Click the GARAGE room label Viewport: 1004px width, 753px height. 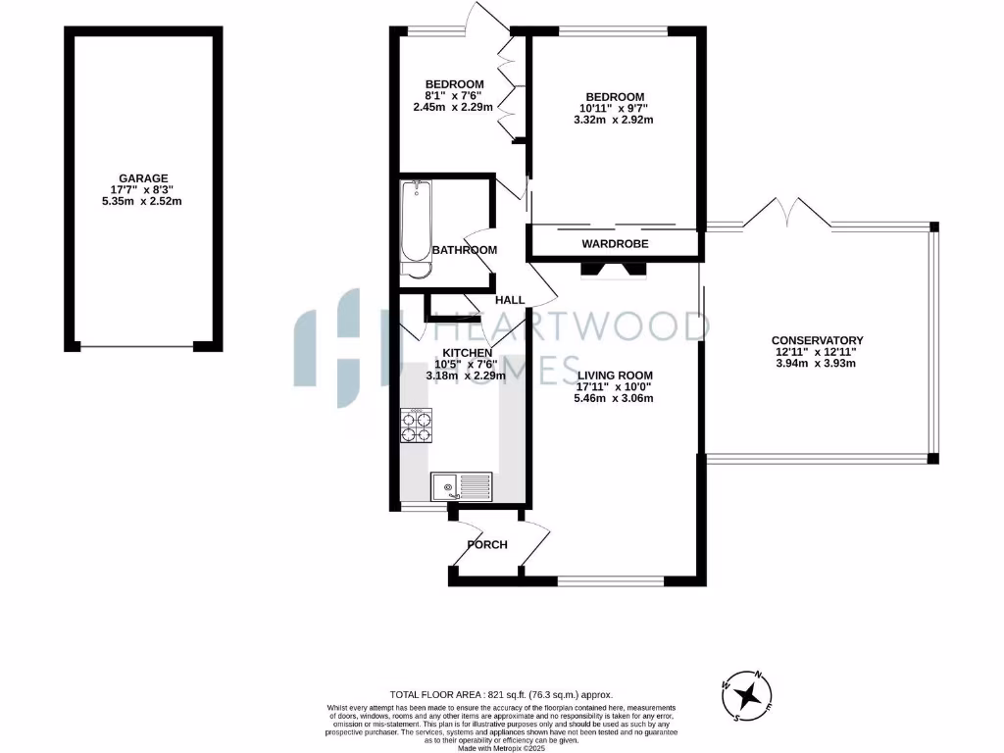tap(144, 177)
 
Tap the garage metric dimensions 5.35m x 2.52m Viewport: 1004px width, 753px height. tap(144, 201)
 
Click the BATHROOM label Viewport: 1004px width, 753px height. tap(465, 250)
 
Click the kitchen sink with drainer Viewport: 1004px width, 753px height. tap(462, 484)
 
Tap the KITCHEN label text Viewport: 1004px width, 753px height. tap(467, 352)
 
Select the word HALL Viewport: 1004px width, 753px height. tap(510, 300)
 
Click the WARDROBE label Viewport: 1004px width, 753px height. tap(615, 243)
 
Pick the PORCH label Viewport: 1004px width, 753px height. tap(487, 544)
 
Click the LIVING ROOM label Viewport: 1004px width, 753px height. tap(615, 376)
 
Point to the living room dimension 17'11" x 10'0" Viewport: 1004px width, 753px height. tap(615, 387)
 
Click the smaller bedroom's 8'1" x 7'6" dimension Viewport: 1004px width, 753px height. tap(454, 95)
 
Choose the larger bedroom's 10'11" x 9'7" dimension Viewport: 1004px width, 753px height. tap(614, 108)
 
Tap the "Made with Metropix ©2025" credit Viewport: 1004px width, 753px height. tap(501, 747)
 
